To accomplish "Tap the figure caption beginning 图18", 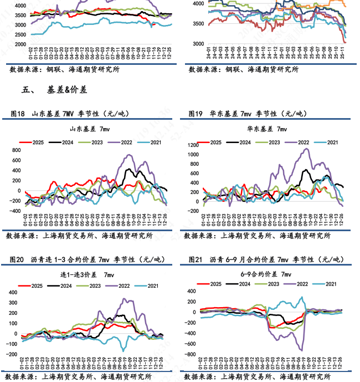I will (x=69, y=114).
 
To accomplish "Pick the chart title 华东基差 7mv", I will (x=267, y=129).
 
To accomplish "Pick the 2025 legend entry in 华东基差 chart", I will (x=210, y=142).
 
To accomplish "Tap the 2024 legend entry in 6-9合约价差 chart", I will (x=239, y=284).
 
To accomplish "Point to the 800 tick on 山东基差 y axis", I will (x=16, y=150).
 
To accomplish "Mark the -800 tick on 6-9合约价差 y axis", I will (x=193, y=354).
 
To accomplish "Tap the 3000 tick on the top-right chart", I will (x=198, y=44).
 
